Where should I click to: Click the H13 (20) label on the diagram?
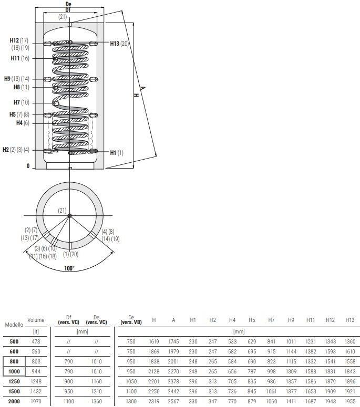point(119,44)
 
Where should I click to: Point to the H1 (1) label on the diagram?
point(117,152)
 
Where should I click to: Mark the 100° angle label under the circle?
point(69,268)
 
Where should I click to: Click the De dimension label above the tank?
point(68,4)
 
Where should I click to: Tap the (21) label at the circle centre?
point(63,210)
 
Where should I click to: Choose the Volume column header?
point(36,320)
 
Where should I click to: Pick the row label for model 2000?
point(14,402)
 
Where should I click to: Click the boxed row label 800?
point(14,362)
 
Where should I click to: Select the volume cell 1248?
point(36,382)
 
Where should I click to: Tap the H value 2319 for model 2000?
point(154,402)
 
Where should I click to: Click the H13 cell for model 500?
point(349,341)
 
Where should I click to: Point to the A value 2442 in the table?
point(173,392)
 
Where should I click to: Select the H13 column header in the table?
point(349,320)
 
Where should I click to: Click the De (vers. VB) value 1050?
point(131,382)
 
